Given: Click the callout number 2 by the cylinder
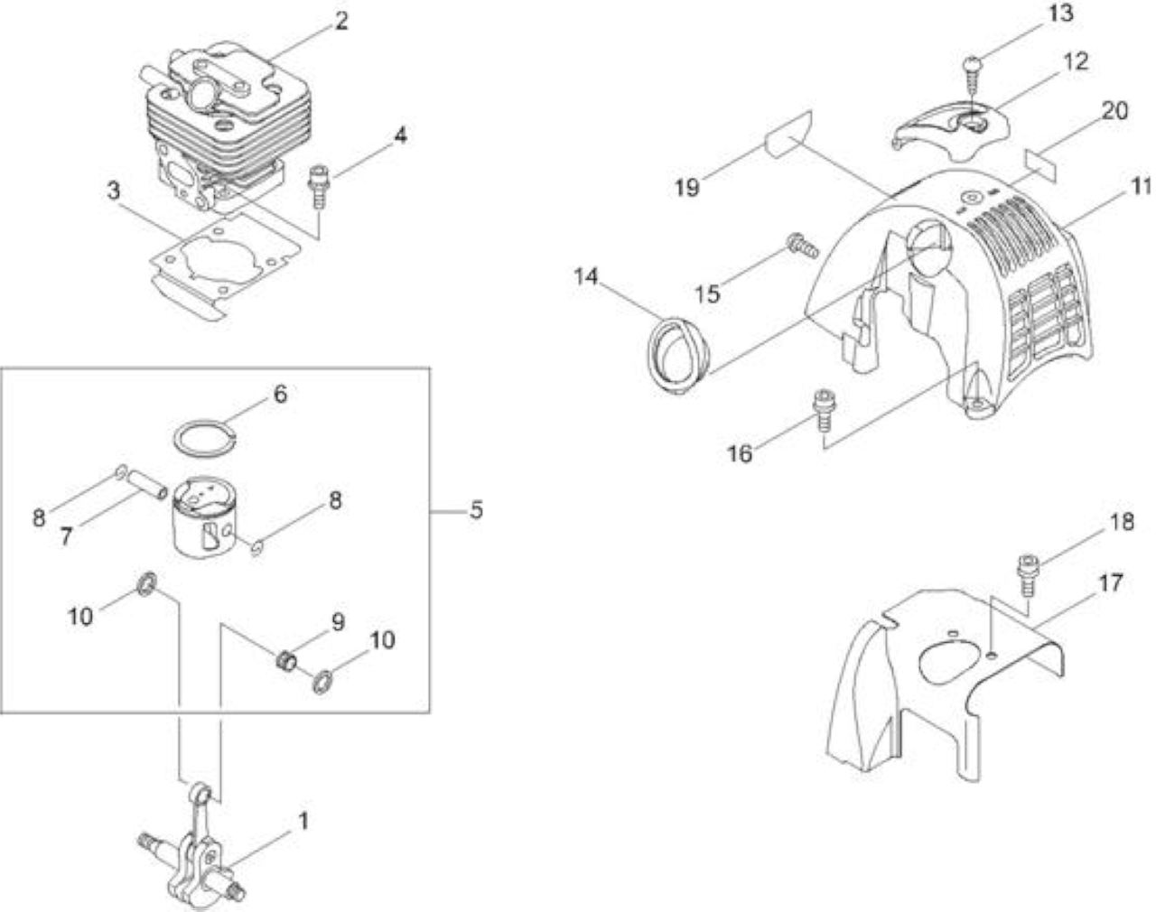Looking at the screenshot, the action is pos(340,22).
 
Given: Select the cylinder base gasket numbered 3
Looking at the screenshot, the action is pos(226,263).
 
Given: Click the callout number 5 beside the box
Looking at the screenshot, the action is pos(476,509).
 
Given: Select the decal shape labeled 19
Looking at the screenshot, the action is pos(788,135).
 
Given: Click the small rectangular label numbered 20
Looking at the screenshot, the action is pos(1040,165).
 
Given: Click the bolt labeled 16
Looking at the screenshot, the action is pos(823,411).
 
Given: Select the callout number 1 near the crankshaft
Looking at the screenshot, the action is pos(303,821).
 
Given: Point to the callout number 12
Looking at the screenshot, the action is pos(1076,61).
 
